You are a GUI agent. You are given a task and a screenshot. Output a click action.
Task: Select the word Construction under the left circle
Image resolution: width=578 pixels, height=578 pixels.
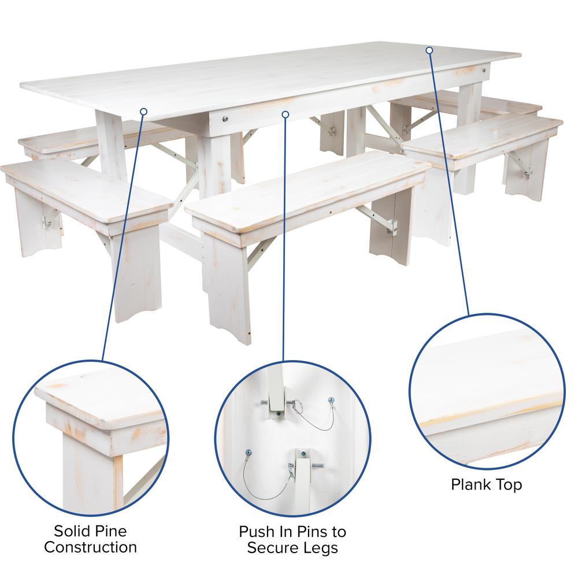pyautogui.click(x=91, y=547)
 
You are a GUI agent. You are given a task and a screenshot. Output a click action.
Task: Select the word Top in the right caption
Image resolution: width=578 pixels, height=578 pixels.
pyautogui.click(x=509, y=484)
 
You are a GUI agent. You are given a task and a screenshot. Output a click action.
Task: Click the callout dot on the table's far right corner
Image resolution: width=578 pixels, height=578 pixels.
pyautogui.click(x=429, y=50)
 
